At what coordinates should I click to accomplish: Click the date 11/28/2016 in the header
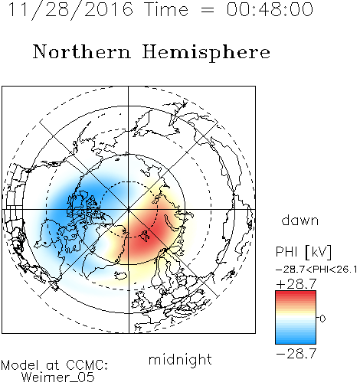click(70, 10)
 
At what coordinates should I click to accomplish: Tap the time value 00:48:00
click(270, 9)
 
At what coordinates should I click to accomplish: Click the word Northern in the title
click(82, 52)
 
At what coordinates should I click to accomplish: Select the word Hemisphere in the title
click(206, 53)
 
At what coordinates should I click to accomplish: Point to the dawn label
click(300, 220)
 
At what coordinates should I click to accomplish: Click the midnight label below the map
click(180, 360)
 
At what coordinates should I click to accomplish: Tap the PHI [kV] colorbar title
click(303, 252)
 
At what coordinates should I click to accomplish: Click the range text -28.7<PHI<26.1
click(316, 270)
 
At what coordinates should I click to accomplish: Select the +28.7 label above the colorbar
click(296, 284)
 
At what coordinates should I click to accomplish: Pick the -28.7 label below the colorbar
click(296, 354)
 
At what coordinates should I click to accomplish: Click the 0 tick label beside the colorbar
click(322, 319)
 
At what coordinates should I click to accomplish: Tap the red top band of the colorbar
click(296, 293)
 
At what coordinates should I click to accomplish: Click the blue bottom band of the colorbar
click(296, 341)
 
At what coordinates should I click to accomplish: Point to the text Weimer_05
click(58, 378)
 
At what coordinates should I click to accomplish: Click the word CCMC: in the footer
click(87, 365)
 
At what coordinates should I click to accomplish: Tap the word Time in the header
click(166, 9)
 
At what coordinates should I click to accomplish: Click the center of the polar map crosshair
click(129, 210)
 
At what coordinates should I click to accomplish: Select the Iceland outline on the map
click(122, 275)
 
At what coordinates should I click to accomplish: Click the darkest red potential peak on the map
click(148, 234)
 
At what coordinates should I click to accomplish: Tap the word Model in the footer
click(20, 365)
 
